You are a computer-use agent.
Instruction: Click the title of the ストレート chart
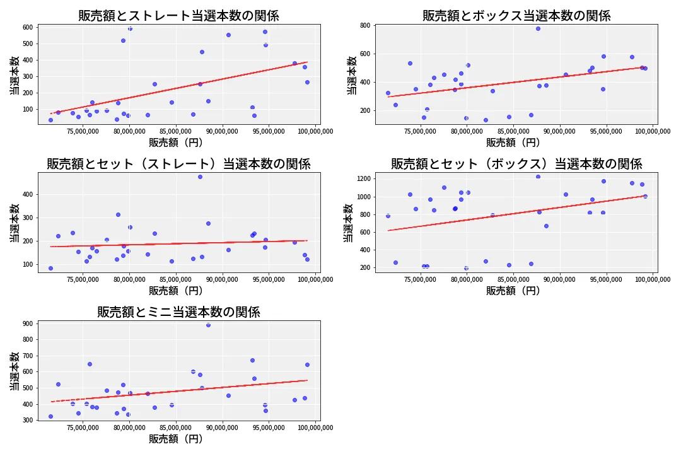178,16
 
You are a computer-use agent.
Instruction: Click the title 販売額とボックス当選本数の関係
516,16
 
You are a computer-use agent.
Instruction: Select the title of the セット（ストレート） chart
178,164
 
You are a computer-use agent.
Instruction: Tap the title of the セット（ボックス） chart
516,164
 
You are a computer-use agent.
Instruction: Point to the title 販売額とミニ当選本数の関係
178,312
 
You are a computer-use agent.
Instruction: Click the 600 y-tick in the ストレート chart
28,27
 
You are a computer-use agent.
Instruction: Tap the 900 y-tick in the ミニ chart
28,324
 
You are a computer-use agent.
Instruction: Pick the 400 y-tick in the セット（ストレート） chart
28,195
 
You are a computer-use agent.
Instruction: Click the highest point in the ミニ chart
208,325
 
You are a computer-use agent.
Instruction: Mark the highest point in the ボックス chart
538,28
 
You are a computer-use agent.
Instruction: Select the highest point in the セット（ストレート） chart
200,177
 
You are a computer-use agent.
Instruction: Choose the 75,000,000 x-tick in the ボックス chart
421,132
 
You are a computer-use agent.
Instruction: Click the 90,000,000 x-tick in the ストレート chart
223,132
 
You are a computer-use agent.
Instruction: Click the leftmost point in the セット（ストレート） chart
50,268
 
